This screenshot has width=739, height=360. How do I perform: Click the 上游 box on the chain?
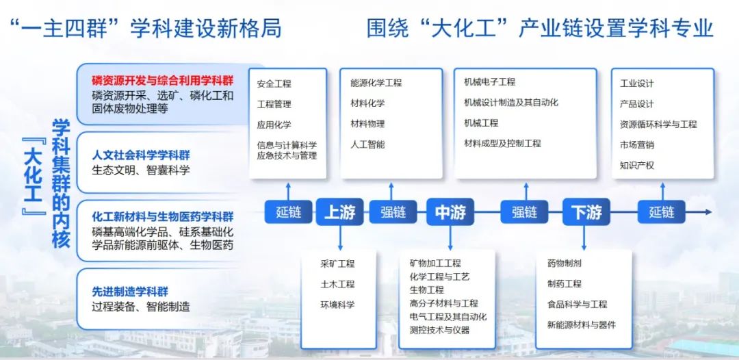click(339, 211)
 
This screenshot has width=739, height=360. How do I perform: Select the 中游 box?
click(450, 211)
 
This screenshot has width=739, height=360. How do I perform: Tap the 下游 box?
click(586, 211)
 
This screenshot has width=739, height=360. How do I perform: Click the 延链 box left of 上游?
click(289, 211)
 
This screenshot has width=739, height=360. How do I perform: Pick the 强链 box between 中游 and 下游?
click(525, 211)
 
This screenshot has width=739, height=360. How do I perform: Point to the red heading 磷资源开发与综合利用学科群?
click(163, 79)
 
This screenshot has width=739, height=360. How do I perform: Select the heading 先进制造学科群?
click(130, 292)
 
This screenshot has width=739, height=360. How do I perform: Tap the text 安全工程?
click(274, 84)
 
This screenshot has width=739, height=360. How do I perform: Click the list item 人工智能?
click(367, 144)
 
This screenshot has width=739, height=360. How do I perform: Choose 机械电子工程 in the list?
click(490, 82)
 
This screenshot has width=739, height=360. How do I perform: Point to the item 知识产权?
click(637, 166)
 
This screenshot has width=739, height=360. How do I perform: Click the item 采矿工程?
click(337, 263)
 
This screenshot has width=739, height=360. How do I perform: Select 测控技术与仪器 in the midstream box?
click(440, 330)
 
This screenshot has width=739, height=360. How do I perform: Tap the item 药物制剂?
click(564, 263)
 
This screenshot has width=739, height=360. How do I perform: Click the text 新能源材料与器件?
click(582, 324)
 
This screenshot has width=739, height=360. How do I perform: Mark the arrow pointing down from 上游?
click(339, 237)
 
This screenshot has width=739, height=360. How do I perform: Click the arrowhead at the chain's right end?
click(708, 212)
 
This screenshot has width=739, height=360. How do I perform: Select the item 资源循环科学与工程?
click(658, 125)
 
